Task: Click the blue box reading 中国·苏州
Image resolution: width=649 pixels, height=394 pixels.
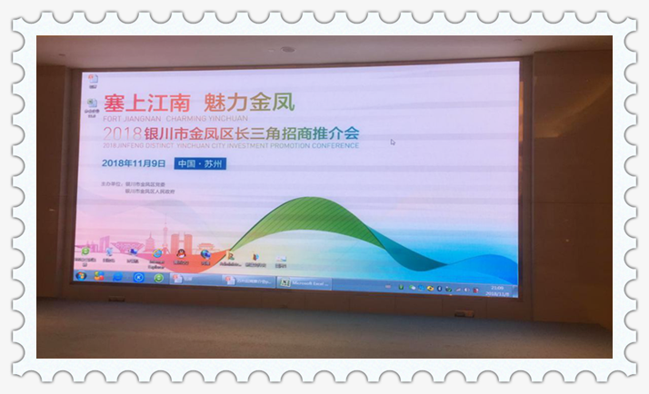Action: [201, 164]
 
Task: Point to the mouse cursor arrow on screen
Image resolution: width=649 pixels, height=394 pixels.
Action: [393, 142]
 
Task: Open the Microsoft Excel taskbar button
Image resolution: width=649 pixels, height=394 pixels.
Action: [305, 282]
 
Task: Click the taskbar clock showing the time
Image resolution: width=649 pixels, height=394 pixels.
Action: [497, 288]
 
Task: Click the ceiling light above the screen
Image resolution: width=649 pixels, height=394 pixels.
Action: [288, 49]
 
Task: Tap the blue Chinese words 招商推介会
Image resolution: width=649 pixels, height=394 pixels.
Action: [320, 133]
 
